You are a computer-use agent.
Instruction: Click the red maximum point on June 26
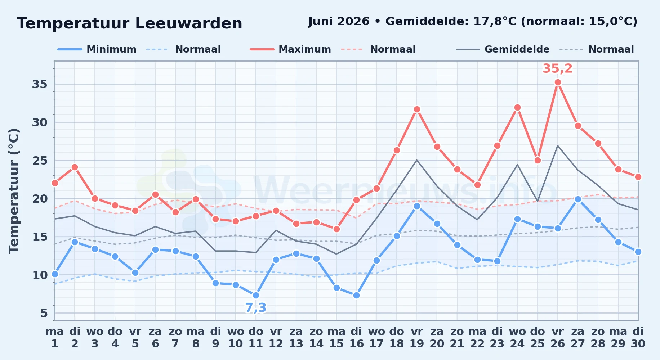(558, 82)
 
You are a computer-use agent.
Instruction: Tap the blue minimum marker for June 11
(256, 296)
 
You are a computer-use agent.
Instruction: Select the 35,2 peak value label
(557, 68)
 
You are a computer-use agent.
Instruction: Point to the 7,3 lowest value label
(256, 308)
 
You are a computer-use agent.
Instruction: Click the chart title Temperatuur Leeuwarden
(129, 23)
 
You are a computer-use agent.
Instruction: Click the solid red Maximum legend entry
(290, 49)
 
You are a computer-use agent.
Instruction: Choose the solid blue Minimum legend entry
(97, 49)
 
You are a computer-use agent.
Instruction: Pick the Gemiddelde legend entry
(503, 49)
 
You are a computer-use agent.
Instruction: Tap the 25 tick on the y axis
(40, 161)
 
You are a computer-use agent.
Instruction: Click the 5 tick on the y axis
(44, 313)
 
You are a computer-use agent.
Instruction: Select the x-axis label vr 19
(417, 338)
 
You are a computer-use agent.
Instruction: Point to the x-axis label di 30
(638, 338)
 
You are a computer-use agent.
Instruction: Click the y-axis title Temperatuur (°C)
(14, 191)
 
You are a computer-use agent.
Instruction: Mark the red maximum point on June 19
(417, 109)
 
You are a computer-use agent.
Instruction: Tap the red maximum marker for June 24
(517, 108)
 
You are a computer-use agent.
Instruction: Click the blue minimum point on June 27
(578, 199)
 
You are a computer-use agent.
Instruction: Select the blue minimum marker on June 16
(356, 296)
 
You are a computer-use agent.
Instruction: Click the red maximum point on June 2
(75, 167)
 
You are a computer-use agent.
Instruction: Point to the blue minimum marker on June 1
(55, 274)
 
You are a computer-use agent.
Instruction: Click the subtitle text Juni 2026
(339, 22)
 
